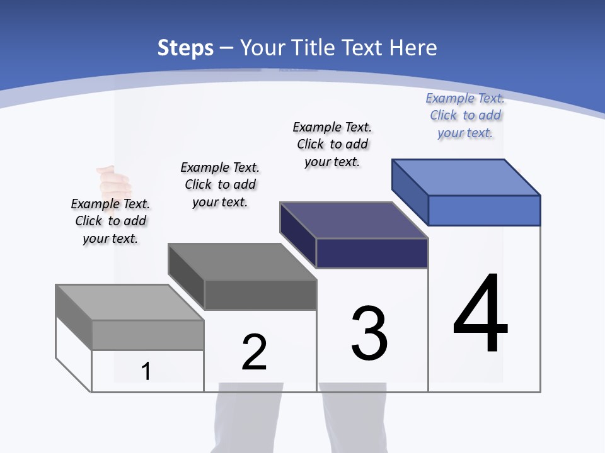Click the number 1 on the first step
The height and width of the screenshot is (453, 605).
146,371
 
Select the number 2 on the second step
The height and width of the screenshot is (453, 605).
254,352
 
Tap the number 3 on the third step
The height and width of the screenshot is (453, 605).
369,334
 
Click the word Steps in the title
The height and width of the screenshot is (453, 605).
185,48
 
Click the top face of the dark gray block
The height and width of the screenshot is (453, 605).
242,262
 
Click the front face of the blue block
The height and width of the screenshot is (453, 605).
484,210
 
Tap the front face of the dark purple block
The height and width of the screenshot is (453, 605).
372,253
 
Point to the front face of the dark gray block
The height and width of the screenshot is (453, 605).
260,294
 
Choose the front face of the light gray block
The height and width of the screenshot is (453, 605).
147,335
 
